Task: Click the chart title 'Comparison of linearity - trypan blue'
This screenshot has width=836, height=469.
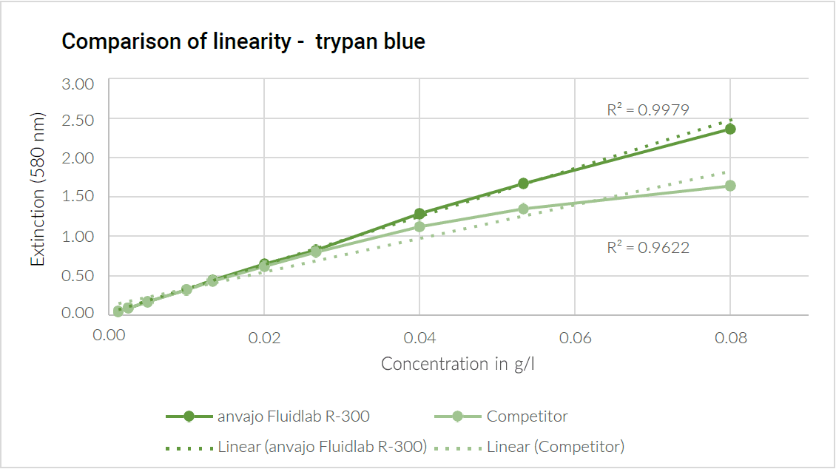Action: tap(243, 42)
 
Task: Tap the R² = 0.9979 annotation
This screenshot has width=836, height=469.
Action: tap(648, 110)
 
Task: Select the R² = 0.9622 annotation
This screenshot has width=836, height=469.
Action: tap(648, 248)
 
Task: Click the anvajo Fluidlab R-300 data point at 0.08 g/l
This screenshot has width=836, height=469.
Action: tap(730, 129)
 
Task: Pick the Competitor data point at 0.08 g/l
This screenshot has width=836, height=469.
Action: tap(730, 186)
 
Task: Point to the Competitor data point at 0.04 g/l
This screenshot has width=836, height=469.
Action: tap(419, 226)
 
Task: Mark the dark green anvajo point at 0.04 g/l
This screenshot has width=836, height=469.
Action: tap(419, 215)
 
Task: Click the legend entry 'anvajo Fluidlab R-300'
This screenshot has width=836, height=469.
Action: tap(293, 416)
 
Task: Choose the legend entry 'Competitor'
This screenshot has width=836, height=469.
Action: tap(527, 416)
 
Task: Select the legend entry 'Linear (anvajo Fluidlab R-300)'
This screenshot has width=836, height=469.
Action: tap(322, 447)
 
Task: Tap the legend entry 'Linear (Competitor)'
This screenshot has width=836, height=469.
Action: tap(555, 447)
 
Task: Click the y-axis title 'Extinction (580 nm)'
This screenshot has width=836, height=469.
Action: tap(38, 189)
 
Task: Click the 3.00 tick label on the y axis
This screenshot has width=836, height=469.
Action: tap(78, 84)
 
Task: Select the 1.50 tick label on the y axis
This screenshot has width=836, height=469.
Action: tap(78, 197)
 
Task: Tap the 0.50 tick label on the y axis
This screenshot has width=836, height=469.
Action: tap(78, 275)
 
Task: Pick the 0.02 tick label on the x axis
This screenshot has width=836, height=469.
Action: tap(264, 338)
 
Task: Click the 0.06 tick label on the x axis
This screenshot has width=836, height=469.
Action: tap(575, 338)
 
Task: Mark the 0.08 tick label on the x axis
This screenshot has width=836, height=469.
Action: tap(730, 338)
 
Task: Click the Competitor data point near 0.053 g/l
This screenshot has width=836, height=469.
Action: tap(523, 209)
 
